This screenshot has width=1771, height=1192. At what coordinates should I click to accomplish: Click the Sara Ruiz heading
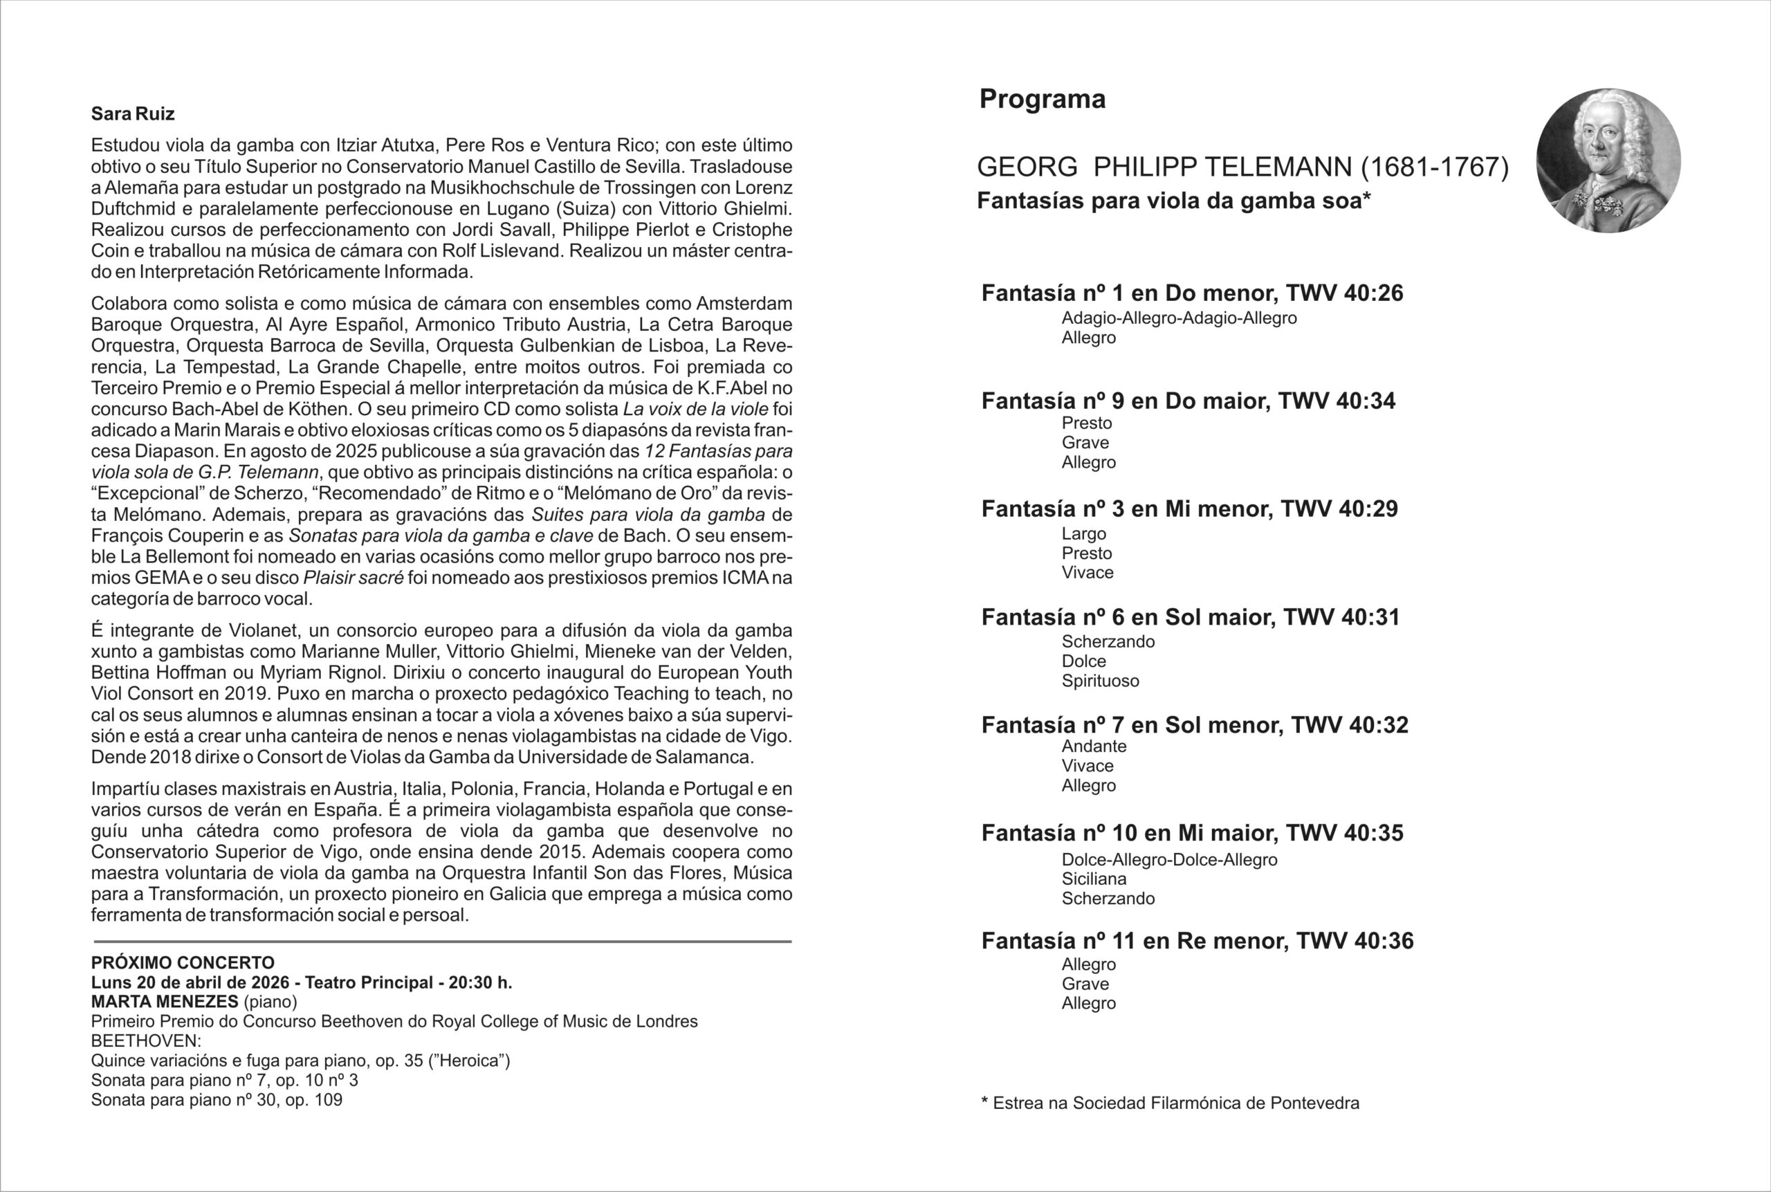click(x=133, y=114)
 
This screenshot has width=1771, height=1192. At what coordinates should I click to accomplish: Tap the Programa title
click(x=1042, y=99)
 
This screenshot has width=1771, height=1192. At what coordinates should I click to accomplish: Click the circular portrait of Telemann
click(x=1608, y=161)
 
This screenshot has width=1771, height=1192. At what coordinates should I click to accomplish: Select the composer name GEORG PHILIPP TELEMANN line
click(x=1242, y=167)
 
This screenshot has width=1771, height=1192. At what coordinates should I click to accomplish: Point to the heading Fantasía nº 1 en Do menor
click(x=1192, y=293)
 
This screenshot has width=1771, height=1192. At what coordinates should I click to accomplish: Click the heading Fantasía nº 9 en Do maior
click(x=1188, y=401)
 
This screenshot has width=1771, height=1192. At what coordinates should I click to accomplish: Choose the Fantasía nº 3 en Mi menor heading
click(x=1189, y=509)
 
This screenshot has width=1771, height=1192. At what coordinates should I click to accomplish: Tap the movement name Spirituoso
click(x=1100, y=681)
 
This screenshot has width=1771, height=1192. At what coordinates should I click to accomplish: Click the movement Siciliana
click(x=1094, y=879)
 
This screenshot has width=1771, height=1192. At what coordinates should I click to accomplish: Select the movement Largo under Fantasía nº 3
click(x=1084, y=533)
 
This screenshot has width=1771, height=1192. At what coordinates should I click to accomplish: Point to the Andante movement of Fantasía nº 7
click(x=1094, y=746)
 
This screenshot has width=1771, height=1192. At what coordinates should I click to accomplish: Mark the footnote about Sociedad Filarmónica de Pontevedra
click(x=1170, y=1103)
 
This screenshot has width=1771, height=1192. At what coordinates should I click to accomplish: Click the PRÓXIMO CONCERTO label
click(x=183, y=963)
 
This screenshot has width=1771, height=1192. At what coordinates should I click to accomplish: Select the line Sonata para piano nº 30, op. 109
click(x=217, y=1100)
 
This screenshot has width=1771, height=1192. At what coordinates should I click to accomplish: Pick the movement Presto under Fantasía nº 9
click(x=1086, y=423)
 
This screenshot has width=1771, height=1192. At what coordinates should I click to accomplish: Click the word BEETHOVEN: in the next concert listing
click(x=146, y=1041)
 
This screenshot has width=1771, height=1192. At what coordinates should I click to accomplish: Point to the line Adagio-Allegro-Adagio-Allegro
click(x=1179, y=318)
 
